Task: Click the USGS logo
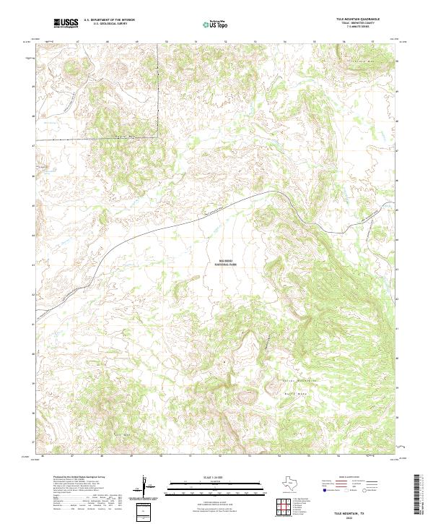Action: (x=66, y=23)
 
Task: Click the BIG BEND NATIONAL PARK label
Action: (x=226, y=264)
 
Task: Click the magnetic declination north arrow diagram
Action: (x=146, y=486)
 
